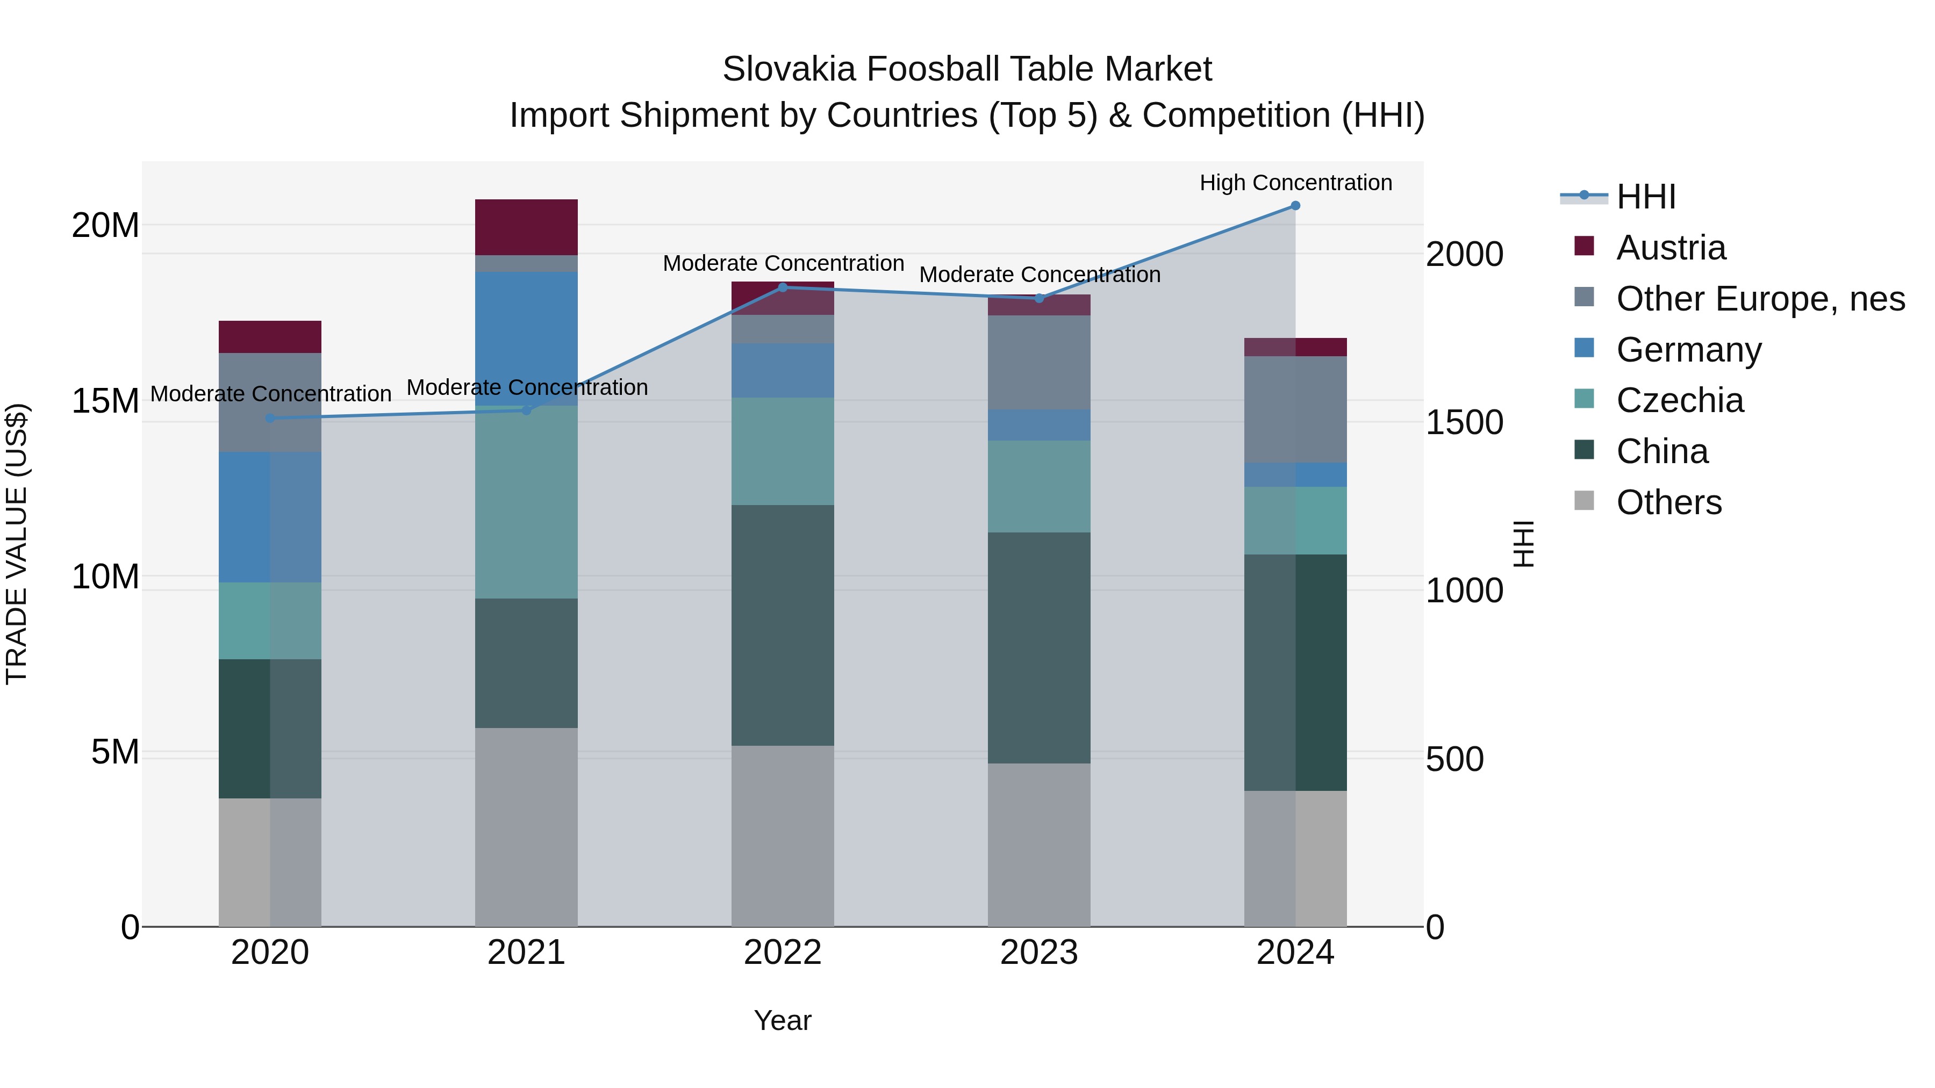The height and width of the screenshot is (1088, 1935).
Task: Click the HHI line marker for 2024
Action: click(x=1295, y=206)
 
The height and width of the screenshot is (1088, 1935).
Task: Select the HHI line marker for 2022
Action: click(x=782, y=287)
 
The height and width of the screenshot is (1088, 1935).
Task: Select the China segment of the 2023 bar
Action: click(x=1039, y=647)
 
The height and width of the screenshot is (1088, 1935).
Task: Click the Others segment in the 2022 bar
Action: click(x=782, y=835)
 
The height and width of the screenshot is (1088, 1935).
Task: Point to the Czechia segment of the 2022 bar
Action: click(x=782, y=451)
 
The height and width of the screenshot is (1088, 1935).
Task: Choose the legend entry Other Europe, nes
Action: click(x=1759, y=299)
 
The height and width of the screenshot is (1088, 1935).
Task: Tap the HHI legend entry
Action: click(x=1645, y=197)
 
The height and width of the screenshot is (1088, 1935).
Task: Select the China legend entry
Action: click(x=1661, y=452)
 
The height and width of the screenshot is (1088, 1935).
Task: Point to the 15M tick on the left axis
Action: click(x=105, y=401)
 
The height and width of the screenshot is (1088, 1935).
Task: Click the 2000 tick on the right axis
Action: click(x=1464, y=255)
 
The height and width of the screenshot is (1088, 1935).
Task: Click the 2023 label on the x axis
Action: click(x=1039, y=953)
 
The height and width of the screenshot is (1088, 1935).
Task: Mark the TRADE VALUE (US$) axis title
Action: click(x=17, y=544)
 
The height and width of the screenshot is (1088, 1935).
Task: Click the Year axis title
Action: click(x=782, y=1020)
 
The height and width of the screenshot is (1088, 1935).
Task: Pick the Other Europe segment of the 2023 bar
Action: click(x=1039, y=362)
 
